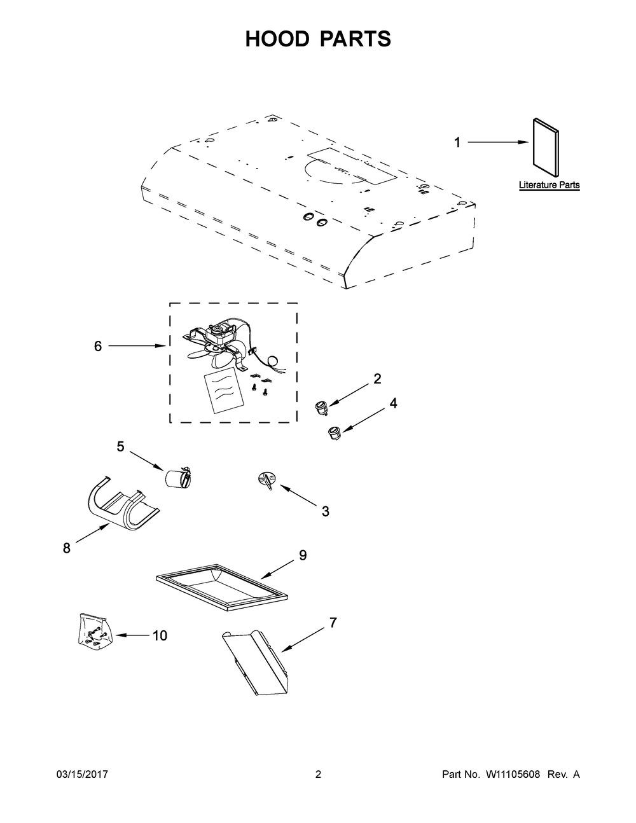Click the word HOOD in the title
click(x=277, y=39)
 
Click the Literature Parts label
click(x=549, y=185)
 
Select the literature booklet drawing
click(x=546, y=148)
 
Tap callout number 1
click(x=457, y=142)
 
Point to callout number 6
click(x=98, y=346)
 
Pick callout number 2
click(x=377, y=378)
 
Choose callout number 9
click(x=303, y=555)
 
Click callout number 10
click(x=160, y=635)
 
